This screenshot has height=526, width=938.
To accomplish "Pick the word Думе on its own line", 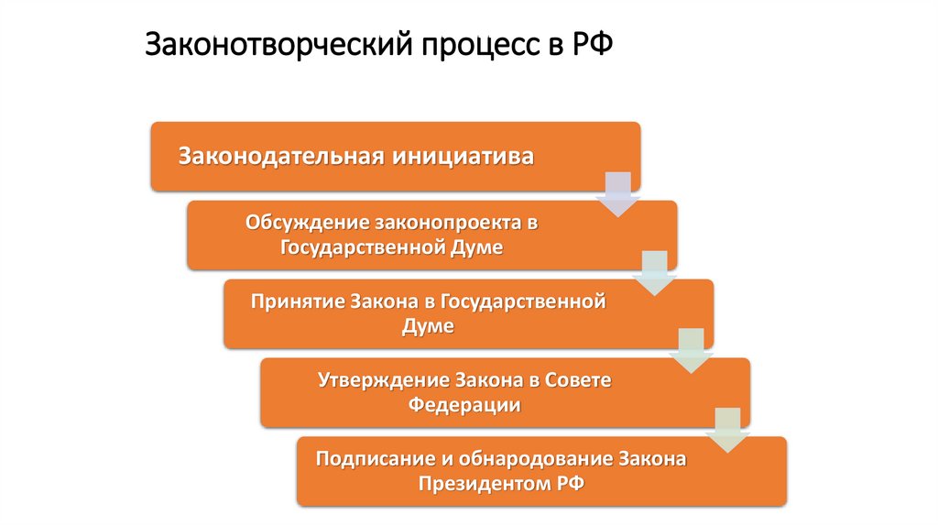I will coord(428,326).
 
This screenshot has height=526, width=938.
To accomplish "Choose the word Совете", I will coord(577,379).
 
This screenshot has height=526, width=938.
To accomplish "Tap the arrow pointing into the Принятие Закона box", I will coord(654,272).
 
